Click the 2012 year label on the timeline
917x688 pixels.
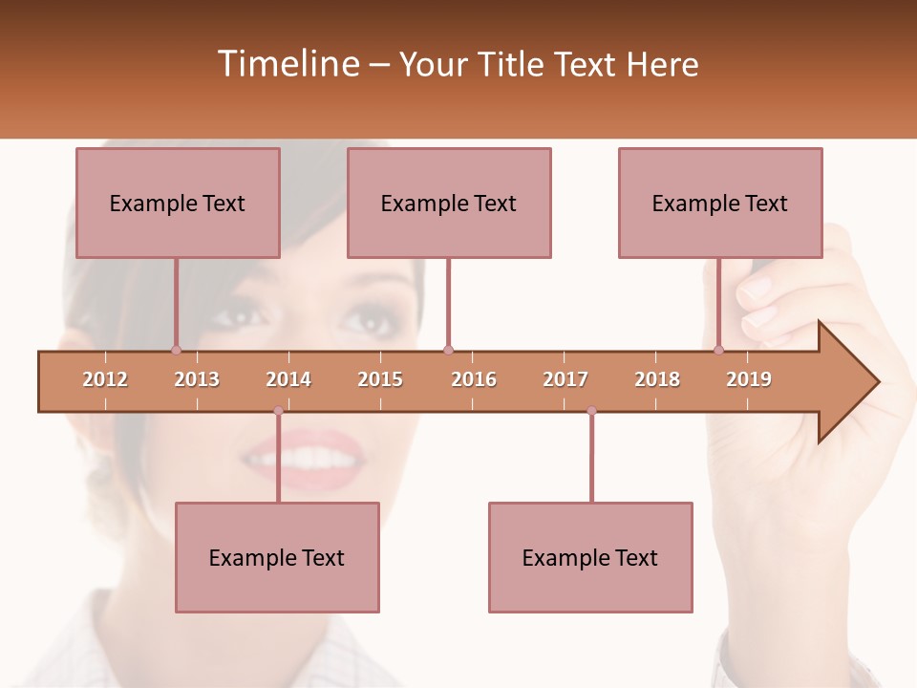pyautogui.click(x=105, y=379)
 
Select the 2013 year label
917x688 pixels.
pyautogui.click(x=197, y=379)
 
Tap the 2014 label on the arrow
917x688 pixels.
pyautogui.click(x=288, y=379)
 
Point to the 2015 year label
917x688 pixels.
pyautogui.click(x=380, y=379)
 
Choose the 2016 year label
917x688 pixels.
pyautogui.click(x=474, y=379)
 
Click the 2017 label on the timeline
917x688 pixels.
pyautogui.click(x=565, y=379)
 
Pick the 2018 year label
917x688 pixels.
pyautogui.click(x=657, y=379)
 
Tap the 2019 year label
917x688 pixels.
pyautogui.click(x=749, y=379)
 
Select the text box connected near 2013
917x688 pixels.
pyautogui.click(x=178, y=203)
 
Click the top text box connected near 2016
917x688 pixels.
pyautogui.click(x=449, y=203)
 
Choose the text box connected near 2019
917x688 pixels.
pyautogui.click(x=720, y=203)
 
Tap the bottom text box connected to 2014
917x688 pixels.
pyautogui.click(x=277, y=557)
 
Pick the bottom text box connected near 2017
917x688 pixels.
pyautogui.click(x=590, y=557)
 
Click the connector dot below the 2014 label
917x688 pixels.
pyautogui.click(x=278, y=411)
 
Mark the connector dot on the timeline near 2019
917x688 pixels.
pyautogui.click(x=719, y=350)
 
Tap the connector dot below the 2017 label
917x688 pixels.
pyautogui.click(x=591, y=411)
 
